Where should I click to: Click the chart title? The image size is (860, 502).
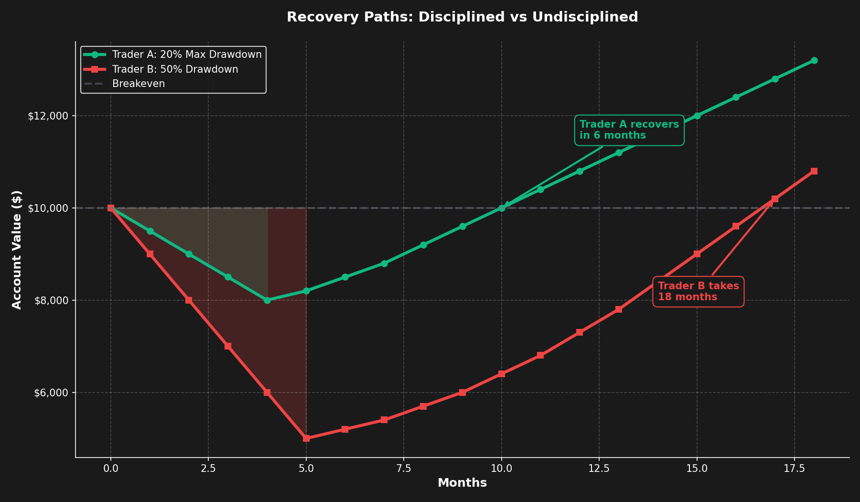462,17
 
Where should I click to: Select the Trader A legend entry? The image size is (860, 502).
186,55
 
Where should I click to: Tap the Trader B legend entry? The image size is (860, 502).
175,69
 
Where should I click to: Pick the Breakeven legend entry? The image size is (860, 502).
138,84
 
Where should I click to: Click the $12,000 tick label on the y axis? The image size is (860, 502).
49,116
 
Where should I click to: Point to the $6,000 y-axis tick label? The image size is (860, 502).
51,393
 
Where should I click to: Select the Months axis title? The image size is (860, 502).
462,483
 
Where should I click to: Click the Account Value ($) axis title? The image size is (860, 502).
17,250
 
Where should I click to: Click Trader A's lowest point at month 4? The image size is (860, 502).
267,300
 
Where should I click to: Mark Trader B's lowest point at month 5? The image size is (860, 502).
306,438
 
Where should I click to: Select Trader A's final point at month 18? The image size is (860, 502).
814,60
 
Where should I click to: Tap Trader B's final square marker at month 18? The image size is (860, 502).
814,171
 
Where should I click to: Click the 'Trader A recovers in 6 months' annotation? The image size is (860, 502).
629,130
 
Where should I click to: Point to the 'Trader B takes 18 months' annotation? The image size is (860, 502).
698,292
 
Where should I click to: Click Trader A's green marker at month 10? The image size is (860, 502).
502,208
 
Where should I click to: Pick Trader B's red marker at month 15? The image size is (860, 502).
697,254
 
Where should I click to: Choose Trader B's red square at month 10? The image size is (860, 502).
502,374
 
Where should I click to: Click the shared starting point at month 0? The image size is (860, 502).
111,208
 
